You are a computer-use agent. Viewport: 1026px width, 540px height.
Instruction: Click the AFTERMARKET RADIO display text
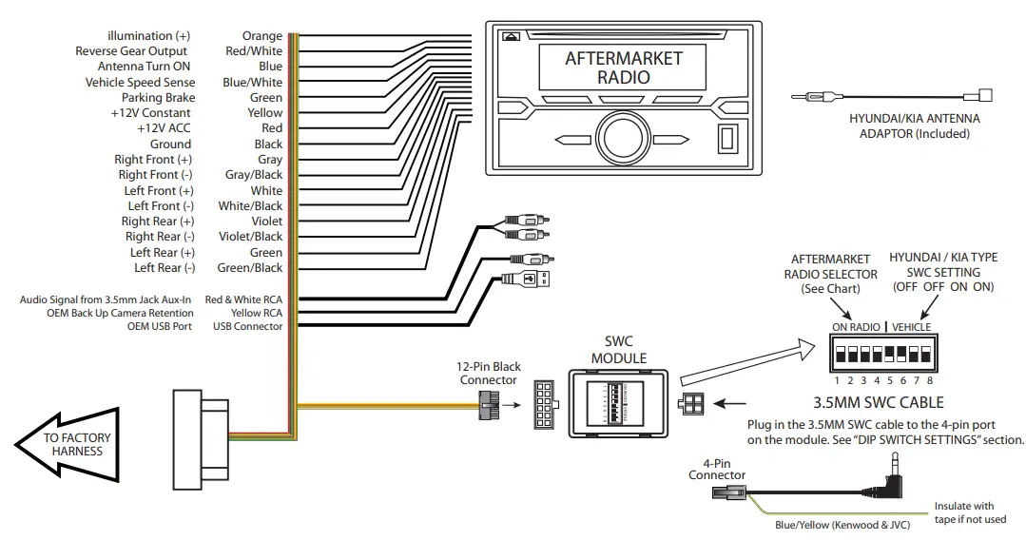click(624, 67)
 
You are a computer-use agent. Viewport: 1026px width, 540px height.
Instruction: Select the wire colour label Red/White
click(254, 51)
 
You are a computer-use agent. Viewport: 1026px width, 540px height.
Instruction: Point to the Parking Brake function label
click(158, 98)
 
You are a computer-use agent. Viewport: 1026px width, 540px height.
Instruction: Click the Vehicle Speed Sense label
click(140, 83)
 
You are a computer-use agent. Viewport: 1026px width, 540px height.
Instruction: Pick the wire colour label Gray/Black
click(254, 175)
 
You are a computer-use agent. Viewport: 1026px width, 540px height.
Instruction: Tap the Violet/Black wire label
click(251, 237)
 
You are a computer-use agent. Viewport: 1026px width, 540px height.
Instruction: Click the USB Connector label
click(247, 326)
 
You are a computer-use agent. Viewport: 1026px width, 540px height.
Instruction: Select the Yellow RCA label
click(257, 313)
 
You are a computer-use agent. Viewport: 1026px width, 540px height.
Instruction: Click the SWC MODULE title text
click(619, 350)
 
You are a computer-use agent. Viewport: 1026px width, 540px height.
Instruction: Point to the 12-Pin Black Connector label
click(488, 374)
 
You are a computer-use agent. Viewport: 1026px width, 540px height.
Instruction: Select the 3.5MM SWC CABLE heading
click(880, 402)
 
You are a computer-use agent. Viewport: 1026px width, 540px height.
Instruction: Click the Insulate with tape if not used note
click(963, 512)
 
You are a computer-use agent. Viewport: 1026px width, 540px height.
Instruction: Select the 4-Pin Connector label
click(719, 470)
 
